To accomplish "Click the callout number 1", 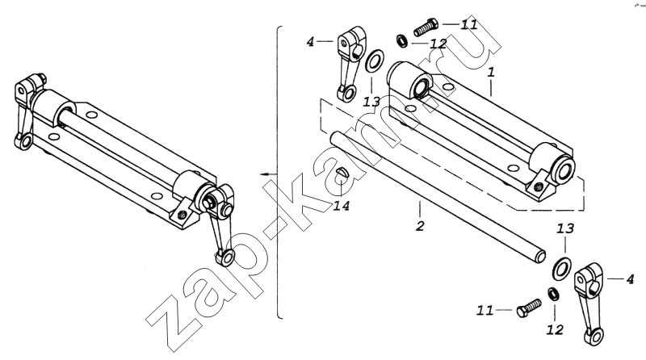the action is (x=491, y=73).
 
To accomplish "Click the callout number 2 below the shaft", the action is (x=419, y=226).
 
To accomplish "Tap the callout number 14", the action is (x=342, y=205).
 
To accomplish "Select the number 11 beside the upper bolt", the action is (x=468, y=24).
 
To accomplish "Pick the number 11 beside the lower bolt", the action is (x=485, y=310).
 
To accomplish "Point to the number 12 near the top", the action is (x=438, y=44).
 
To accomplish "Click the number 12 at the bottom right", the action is (x=555, y=329).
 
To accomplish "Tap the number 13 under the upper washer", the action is (x=371, y=102).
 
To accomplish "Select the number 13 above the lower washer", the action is (x=565, y=228).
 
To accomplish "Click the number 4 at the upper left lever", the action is (x=310, y=42).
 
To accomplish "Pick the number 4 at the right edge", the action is (x=630, y=279).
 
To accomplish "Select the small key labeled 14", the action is (x=342, y=173).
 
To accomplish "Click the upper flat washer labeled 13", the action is (x=375, y=61).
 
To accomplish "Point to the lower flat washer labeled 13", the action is (x=561, y=268).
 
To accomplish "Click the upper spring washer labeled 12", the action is (x=401, y=40).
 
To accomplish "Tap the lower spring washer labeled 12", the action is (x=552, y=294).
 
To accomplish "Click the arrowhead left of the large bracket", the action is (x=264, y=174).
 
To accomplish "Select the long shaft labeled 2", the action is (x=438, y=197).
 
